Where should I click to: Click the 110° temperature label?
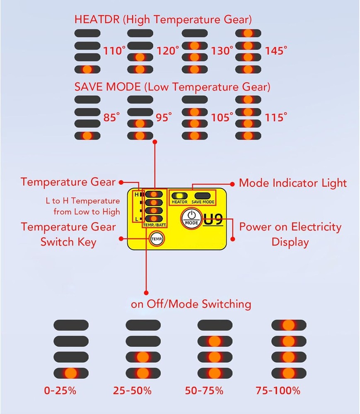tap(114, 51)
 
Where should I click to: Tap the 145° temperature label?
tap(276, 51)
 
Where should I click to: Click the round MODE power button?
tap(191, 217)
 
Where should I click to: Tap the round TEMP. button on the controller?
tap(157, 239)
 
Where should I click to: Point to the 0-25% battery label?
tap(60, 390)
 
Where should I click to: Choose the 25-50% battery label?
tap(132, 390)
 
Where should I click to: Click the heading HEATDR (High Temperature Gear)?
tap(163, 19)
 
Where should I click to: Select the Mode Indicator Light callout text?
tap(293, 183)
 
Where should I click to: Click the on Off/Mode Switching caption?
tap(191, 304)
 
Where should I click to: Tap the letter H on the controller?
tap(136, 194)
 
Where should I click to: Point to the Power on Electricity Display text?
tap(290, 234)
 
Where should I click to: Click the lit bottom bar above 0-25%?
tap(71, 373)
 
